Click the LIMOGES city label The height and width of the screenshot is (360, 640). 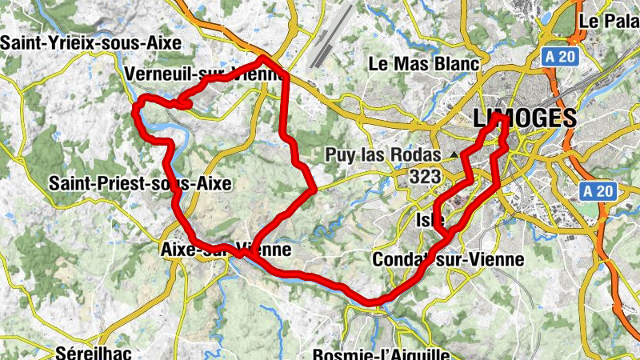click(x=525, y=118)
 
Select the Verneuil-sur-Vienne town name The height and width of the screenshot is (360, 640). click(x=204, y=74)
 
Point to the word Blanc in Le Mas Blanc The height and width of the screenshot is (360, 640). click(x=451, y=64)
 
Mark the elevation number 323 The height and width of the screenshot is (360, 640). click(x=424, y=177)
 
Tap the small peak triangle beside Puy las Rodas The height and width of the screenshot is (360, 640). click(x=454, y=153)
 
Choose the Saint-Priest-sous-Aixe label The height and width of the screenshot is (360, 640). click(x=140, y=184)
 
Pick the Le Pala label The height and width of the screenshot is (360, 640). click(x=608, y=21)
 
